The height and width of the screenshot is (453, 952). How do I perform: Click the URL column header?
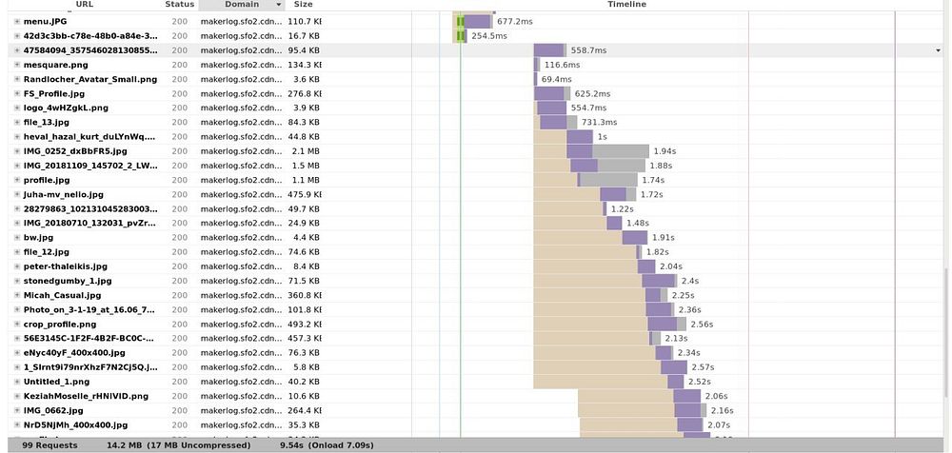click(x=84, y=5)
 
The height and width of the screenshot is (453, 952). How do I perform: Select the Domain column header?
click(x=241, y=5)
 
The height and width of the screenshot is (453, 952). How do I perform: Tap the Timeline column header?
click(x=626, y=5)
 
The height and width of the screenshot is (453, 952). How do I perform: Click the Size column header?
click(x=303, y=5)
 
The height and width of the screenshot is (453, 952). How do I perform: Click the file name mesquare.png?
click(x=55, y=65)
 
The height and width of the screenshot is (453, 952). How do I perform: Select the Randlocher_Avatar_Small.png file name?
click(x=89, y=79)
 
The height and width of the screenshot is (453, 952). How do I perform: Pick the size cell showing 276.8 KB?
click(x=305, y=93)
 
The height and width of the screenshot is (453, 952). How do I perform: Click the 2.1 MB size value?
click(x=305, y=151)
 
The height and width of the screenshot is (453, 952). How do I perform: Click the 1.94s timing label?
click(x=664, y=151)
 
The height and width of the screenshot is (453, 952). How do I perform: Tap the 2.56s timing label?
click(x=702, y=324)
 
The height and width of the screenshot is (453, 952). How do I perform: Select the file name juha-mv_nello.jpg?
click(x=63, y=194)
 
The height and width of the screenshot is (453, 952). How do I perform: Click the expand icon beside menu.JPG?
click(x=17, y=21)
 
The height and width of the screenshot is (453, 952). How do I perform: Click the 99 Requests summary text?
click(x=49, y=443)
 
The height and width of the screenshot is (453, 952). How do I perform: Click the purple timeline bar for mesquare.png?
click(x=537, y=65)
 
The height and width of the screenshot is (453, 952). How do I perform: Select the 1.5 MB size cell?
click(x=306, y=166)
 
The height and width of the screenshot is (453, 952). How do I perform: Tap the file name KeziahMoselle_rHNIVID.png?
click(x=86, y=396)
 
